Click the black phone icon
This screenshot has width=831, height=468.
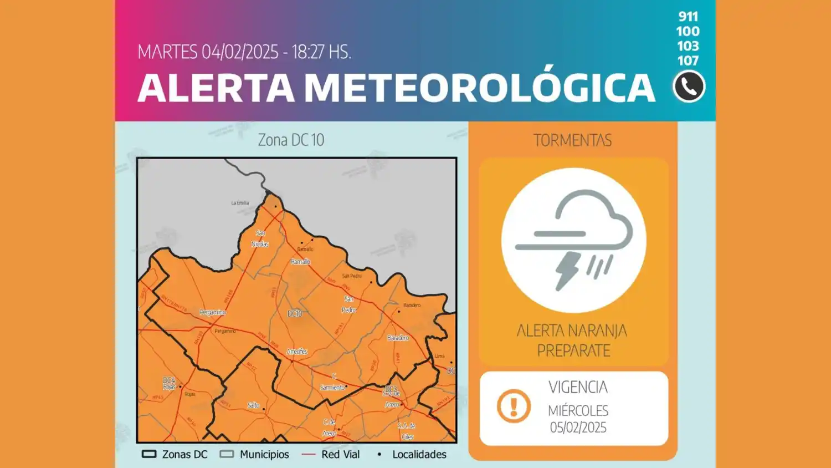[x=689, y=87]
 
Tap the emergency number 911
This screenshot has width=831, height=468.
[x=688, y=17]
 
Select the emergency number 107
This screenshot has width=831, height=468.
[x=688, y=60]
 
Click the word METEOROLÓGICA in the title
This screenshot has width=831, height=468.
[x=480, y=88]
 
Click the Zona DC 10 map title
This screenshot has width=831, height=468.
[x=291, y=140]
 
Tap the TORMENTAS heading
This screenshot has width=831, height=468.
[x=572, y=140]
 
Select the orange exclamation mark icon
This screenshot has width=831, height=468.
[x=514, y=406]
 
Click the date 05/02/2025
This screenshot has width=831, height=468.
[x=578, y=428]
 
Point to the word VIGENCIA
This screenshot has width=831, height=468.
[x=578, y=387]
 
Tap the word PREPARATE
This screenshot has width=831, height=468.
[x=573, y=350]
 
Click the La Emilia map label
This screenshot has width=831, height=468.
[x=240, y=203]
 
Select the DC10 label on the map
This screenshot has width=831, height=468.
[x=295, y=314]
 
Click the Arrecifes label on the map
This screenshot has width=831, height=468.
[x=297, y=352]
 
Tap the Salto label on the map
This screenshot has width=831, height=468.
[x=253, y=405]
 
